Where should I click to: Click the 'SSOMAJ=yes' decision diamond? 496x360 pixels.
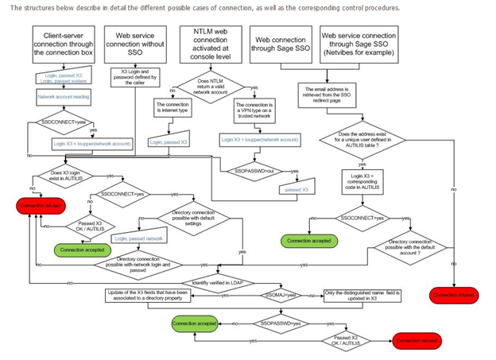click(x=278, y=295)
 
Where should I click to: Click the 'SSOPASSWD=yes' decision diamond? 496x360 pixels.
click(x=279, y=324)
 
